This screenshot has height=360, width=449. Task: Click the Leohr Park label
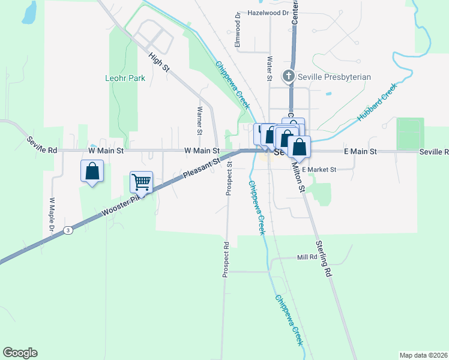(x=125, y=78)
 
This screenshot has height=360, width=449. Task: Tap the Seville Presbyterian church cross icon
(x=288, y=77)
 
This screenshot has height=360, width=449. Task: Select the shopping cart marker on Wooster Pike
(x=141, y=182)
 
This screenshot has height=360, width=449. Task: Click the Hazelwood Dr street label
(x=268, y=12)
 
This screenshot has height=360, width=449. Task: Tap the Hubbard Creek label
(x=378, y=103)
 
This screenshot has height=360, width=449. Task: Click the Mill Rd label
(x=307, y=257)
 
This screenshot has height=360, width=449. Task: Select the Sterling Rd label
(x=324, y=259)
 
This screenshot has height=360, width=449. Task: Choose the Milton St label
(x=299, y=176)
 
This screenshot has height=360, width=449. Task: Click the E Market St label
(x=319, y=170)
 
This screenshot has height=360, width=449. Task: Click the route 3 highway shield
(x=69, y=230)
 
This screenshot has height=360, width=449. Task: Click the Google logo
(x=20, y=353)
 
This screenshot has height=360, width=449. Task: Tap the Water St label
(x=270, y=68)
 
